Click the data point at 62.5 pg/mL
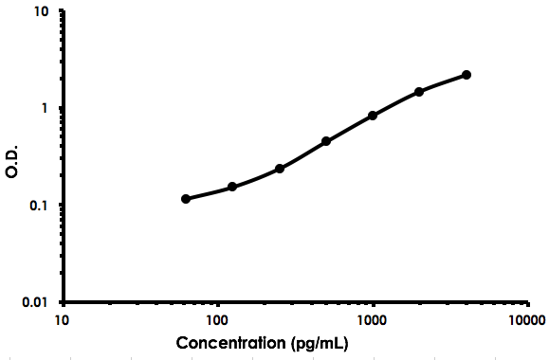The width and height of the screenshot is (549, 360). coord(186,199)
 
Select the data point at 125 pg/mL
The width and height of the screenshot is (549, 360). coord(232,187)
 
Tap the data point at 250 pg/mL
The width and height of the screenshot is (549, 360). coord(280,169)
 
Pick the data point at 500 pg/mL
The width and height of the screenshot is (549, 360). coord(326,141)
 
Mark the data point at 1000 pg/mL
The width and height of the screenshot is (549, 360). coord(373,116)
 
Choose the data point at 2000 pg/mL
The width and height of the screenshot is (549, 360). coord(419,92)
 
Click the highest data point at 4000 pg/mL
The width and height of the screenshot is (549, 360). coord(467,75)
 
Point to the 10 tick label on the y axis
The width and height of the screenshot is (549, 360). coord(42,12)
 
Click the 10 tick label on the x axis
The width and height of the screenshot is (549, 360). coord(64,319)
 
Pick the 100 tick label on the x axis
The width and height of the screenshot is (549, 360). coord(218,319)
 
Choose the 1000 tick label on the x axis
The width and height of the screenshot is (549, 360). coord(373,319)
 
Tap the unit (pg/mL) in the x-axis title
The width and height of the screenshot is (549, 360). coord(318,342)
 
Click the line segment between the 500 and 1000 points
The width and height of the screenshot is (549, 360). coord(350,128)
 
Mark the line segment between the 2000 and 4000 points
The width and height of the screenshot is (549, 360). coord(443,82)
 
